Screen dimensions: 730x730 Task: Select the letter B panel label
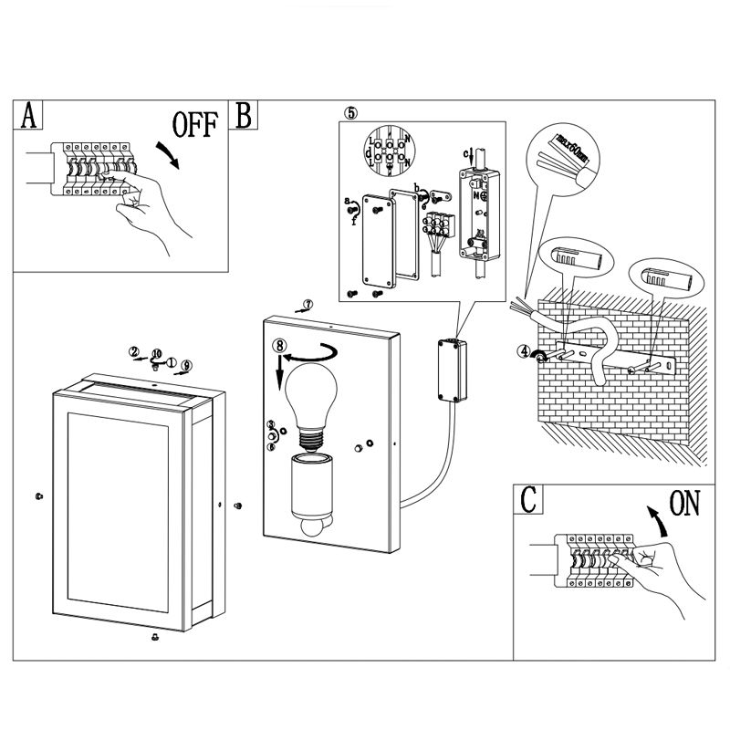click(x=245, y=115)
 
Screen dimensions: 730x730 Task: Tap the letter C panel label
click(x=528, y=502)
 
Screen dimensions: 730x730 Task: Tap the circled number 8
click(x=280, y=346)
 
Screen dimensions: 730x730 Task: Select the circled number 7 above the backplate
click(x=308, y=304)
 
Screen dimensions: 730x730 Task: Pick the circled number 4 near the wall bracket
click(x=523, y=350)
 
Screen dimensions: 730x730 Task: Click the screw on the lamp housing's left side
click(x=37, y=496)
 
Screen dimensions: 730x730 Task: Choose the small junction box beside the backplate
click(x=449, y=370)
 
